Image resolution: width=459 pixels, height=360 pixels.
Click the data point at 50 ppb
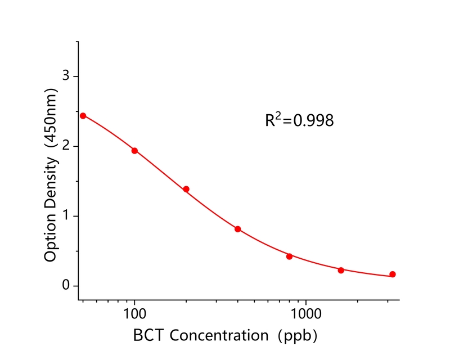pos(83,116)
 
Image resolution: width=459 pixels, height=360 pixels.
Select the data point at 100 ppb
pos(134,151)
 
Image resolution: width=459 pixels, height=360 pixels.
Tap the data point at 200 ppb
pos(186,189)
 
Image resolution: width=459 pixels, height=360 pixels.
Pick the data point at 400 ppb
pos(238,229)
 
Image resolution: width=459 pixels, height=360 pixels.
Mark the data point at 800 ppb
pos(289,256)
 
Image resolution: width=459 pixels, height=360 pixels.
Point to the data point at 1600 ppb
pos(341,271)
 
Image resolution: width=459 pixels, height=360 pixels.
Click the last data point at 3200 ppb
pos(393,274)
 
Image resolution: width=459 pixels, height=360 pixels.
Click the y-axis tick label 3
pos(66,76)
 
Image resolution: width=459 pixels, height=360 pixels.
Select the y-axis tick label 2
pos(66,146)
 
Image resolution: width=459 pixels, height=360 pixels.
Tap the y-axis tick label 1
pos(66,216)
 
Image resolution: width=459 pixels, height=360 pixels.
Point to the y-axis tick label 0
pos(66,286)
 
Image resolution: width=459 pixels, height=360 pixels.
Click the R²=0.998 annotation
pos(299,120)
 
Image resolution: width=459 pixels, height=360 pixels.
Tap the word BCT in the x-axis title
pos(150,336)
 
